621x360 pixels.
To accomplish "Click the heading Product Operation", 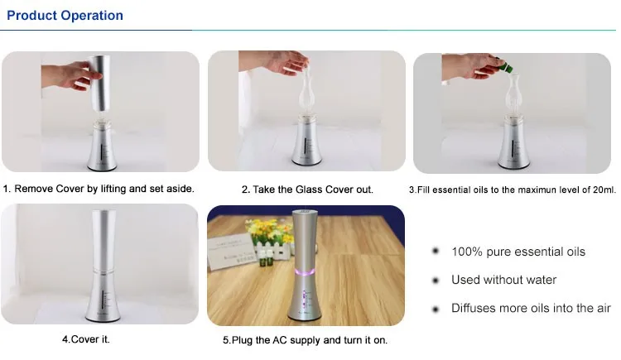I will [x=65, y=16].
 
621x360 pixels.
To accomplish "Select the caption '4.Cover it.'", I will [x=85, y=338].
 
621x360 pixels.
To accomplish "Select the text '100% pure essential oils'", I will [x=518, y=252].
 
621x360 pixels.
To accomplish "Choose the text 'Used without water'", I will [x=503, y=280].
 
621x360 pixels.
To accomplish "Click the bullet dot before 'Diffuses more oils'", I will [x=436, y=309].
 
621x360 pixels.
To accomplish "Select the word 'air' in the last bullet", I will [x=601, y=308].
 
